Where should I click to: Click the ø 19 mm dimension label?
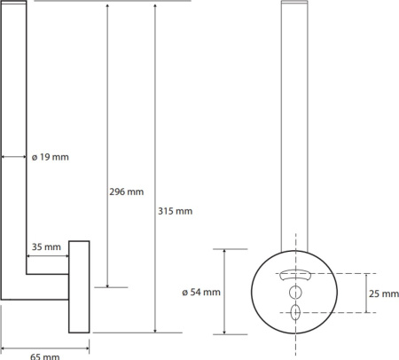pyautogui.click(x=51, y=157)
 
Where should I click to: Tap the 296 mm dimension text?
pyautogui.click(x=127, y=192)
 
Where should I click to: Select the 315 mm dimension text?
pyautogui.click(x=175, y=211)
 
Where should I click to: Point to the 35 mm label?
pyautogui.click(x=46, y=247)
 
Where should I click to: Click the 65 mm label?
pyautogui.click(x=45, y=356)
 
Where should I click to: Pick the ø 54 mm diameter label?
pyautogui.click(x=201, y=292)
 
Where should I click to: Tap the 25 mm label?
pyautogui.click(x=384, y=293)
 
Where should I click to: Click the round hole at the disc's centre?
pyautogui.click(x=295, y=293)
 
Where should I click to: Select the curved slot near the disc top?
pyautogui.click(x=295, y=275)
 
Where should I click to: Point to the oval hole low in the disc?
pyautogui.click(x=295, y=312)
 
